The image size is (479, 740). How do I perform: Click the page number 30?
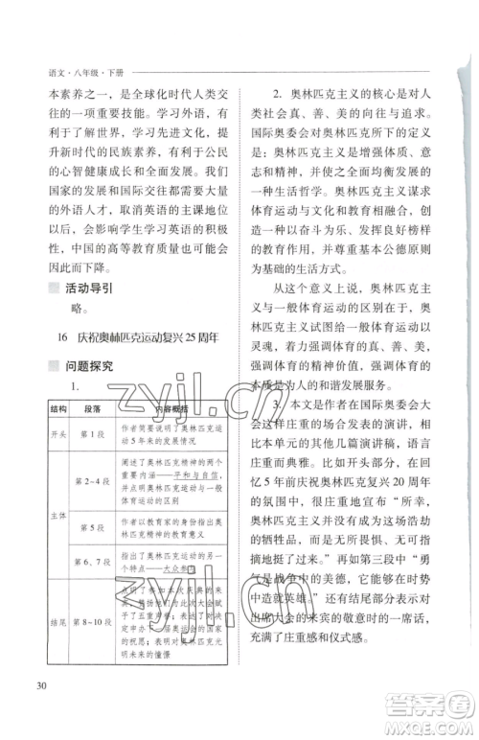click(39, 684)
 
